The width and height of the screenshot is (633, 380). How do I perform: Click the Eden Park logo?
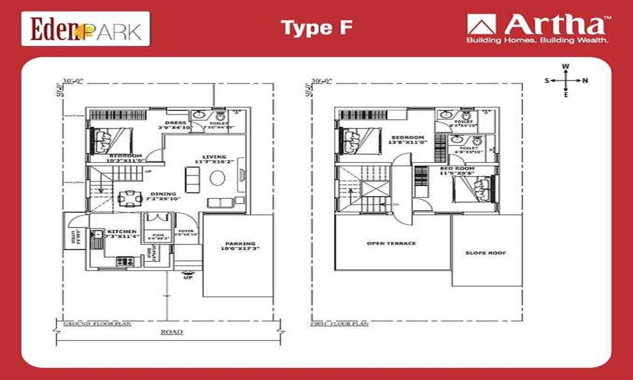click(x=85, y=29)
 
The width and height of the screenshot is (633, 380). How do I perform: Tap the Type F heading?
click(x=316, y=28)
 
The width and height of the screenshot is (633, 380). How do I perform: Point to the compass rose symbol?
click(x=566, y=80)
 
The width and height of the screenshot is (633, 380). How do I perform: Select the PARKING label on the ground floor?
click(x=240, y=244)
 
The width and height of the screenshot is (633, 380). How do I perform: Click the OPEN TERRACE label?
click(x=392, y=243)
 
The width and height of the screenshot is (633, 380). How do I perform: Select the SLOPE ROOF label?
click(x=486, y=253)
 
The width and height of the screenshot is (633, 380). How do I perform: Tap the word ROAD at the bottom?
click(x=172, y=332)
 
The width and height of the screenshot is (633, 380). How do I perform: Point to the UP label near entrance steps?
click(x=187, y=277)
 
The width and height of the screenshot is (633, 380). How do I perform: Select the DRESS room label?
click(x=175, y=123)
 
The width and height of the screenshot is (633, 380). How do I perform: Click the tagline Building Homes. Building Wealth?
click(x=537, y=41)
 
